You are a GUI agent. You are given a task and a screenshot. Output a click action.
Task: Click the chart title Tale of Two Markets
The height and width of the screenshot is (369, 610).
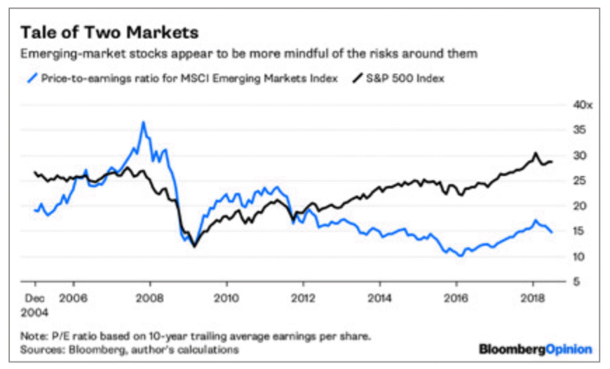pyautogui.click(x=109, y=33)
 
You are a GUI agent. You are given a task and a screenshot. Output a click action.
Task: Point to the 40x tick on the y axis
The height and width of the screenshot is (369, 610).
pyautogui.click(x=583, y=105)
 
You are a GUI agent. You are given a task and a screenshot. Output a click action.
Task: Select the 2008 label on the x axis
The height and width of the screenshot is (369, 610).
pyautogui.click(x=150, y=297)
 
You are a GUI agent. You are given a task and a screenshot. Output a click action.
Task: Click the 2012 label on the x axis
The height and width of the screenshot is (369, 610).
pyautogui.click(x=303, y=297)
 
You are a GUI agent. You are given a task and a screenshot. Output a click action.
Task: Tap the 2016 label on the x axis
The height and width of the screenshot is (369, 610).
pyautogui.click(x=456, y=297)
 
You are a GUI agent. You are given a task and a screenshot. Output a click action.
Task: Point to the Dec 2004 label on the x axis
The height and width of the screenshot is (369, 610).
pyautogui.click(x=35, y=304)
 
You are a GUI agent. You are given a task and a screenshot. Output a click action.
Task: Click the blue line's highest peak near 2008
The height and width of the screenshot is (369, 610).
pyautogui.click(x=143, y=122)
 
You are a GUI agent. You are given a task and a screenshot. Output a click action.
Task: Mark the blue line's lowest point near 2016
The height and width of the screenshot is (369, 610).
pyautogui.click(x=460, y=256)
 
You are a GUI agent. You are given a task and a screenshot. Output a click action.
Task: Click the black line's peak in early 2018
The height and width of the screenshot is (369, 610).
pyautogui.click(x=535, y=152)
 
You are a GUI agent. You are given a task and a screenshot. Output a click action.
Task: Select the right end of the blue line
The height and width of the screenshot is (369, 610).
pyautogui.click(x=552, y=232)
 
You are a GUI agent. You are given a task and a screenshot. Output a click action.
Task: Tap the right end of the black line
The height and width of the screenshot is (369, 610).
pyautogui.click(x=553, y=161)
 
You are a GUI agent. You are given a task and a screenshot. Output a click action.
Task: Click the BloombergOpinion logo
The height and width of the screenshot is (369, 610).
pyautogui.click(x=536, y=349)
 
